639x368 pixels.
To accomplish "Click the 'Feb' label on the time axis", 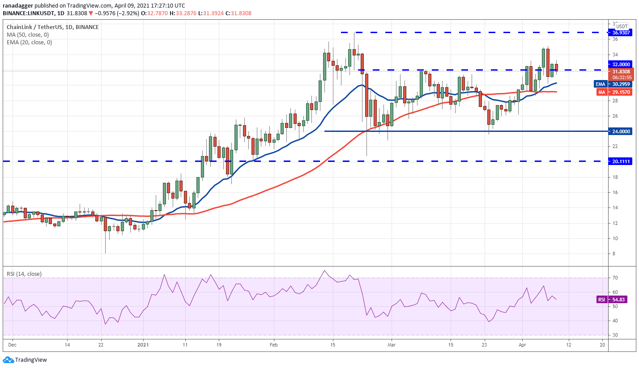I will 274,345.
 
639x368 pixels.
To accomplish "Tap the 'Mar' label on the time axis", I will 392,345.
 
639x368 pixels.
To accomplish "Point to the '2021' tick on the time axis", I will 143,345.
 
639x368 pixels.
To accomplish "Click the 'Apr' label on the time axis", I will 521,345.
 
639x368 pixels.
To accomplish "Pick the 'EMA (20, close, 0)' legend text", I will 30,42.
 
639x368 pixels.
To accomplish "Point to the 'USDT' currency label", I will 622,26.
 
